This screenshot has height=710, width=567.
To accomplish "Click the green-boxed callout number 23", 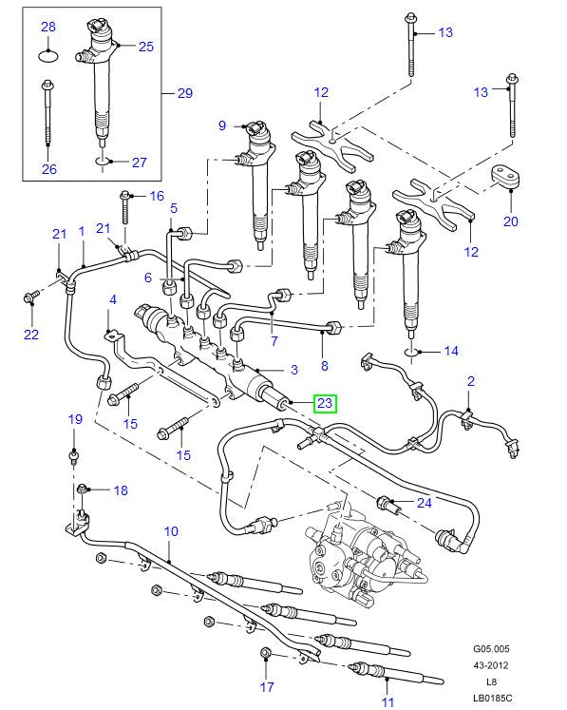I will click(x=325, y=403).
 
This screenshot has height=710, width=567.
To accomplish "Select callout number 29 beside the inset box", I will click(x=184, y=93).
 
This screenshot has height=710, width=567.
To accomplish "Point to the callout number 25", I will click(x=145, y=46).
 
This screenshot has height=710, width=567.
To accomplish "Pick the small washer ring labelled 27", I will click(x=104, y=162).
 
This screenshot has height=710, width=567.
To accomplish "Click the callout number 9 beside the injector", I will click(x=222, y=125).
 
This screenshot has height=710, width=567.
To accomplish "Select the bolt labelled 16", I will click(x=126, y=204).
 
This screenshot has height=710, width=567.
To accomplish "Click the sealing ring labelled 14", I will click(x=413, y=352).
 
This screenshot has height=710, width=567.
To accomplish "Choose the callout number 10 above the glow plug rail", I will click(x=171, y=531).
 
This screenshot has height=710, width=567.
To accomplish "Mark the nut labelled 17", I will click(x=266, y=654).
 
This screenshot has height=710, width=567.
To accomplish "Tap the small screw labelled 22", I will click(x=28, y=298).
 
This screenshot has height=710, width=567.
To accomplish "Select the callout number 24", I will click(x=425, y=502).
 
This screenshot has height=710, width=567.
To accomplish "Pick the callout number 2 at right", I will click(x=469, y=381).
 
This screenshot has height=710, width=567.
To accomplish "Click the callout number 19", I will click(x=75, y=419).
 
